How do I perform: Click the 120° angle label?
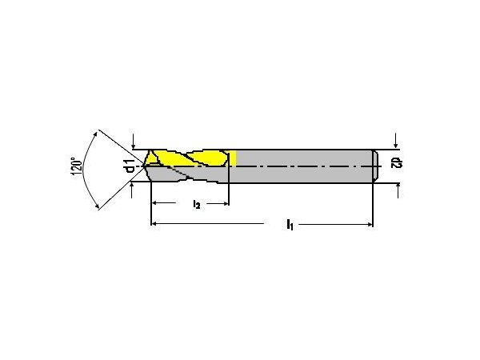(x=77, y=167)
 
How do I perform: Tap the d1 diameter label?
(x=130, y=166)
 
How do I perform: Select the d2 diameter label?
(x=397, y=163)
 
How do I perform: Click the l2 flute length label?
(x=197, y=204)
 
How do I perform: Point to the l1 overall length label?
(x=290, y=224)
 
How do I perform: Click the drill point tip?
(x=144, y=166)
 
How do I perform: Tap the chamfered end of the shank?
(x=376, y=166)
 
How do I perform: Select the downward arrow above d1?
(x=134, y=142)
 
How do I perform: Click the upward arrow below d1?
(x=132, y=190)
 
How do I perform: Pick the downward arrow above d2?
(x=396, y=141)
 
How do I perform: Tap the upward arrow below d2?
(x=398, y=190)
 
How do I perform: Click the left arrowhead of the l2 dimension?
(x=155, y=203)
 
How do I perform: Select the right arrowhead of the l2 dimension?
(x=226, y=203)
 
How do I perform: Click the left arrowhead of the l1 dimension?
(x=154, y=224)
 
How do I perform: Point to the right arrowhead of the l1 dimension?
(x=370, y=224)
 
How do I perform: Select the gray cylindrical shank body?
(x=305, y=166)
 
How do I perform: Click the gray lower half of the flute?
(x=186, y=174)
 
